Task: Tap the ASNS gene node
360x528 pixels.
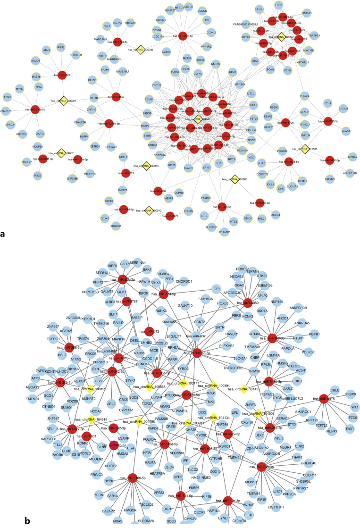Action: (7, 97)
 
